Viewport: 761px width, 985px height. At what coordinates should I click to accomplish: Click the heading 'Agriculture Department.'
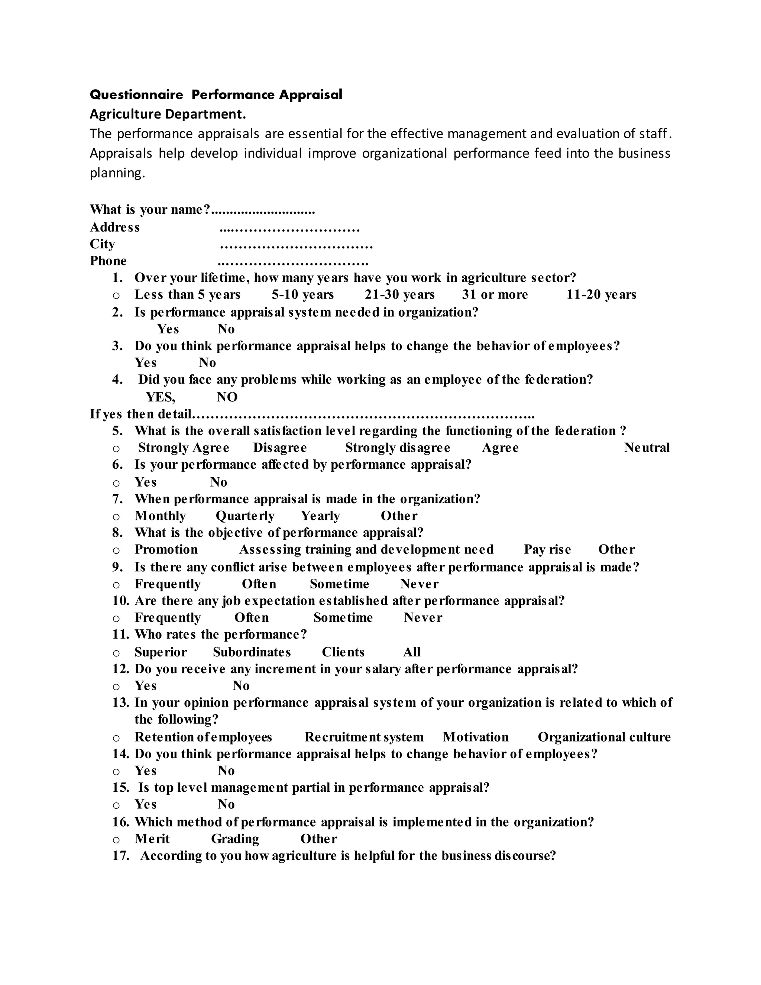pos(168,114)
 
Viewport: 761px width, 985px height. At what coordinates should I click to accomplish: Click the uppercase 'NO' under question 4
pos(227,397)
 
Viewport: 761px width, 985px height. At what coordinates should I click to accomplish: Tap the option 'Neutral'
pos(647,448)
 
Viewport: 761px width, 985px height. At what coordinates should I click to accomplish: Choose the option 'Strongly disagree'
pos(397,448)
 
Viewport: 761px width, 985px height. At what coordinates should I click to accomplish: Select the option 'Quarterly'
pos(245,516)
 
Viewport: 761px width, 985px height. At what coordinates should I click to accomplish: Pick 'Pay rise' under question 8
pos(547,550)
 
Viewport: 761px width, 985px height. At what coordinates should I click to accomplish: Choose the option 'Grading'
pos(235,839)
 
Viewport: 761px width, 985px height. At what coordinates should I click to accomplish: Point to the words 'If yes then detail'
pos(141,414)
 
